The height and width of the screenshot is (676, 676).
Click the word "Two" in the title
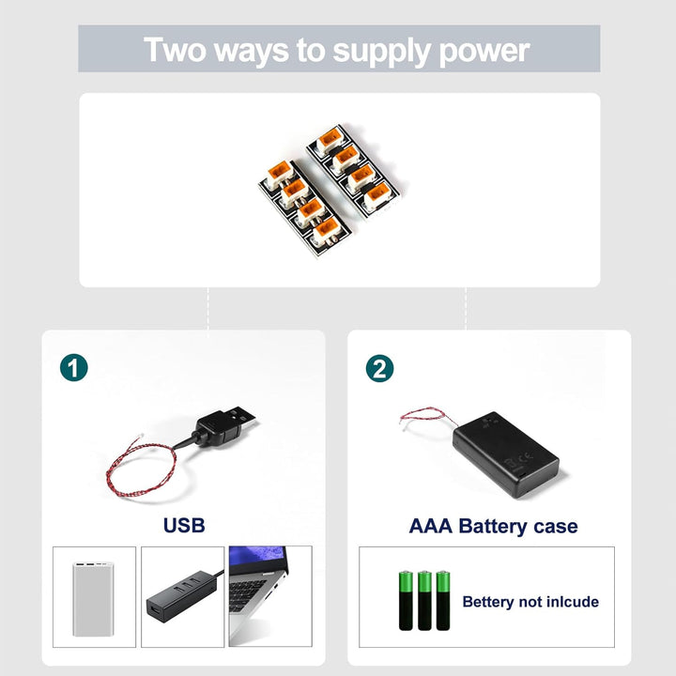[x=175, y=50]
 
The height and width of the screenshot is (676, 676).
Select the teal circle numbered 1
[x=74, y=368]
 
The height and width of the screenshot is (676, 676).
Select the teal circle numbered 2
[x=379, y=369]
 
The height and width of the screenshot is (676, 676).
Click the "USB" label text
[x=184, y=525]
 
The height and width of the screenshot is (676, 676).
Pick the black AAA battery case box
[x=506, y=454]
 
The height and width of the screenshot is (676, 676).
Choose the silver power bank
[x=94, y=599]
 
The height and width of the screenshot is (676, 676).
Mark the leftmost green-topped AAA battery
[x=406, y=601]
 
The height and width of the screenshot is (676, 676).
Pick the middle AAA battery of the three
[x=424, y=601]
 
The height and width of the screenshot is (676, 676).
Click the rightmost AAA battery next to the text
[x=443, y=601]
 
